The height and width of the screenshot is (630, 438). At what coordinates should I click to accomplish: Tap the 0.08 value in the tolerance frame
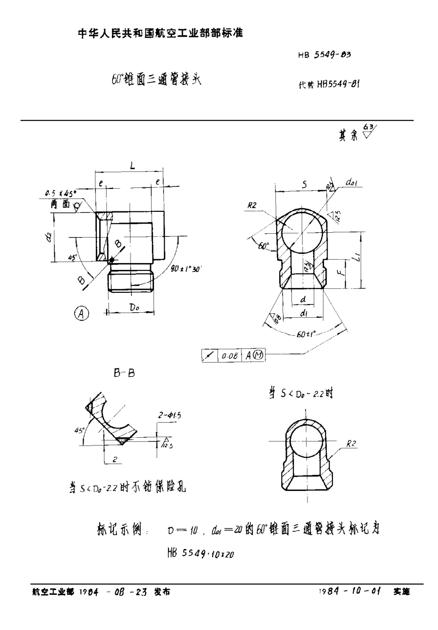230,356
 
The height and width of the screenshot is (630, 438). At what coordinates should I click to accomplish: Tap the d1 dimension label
304,314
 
